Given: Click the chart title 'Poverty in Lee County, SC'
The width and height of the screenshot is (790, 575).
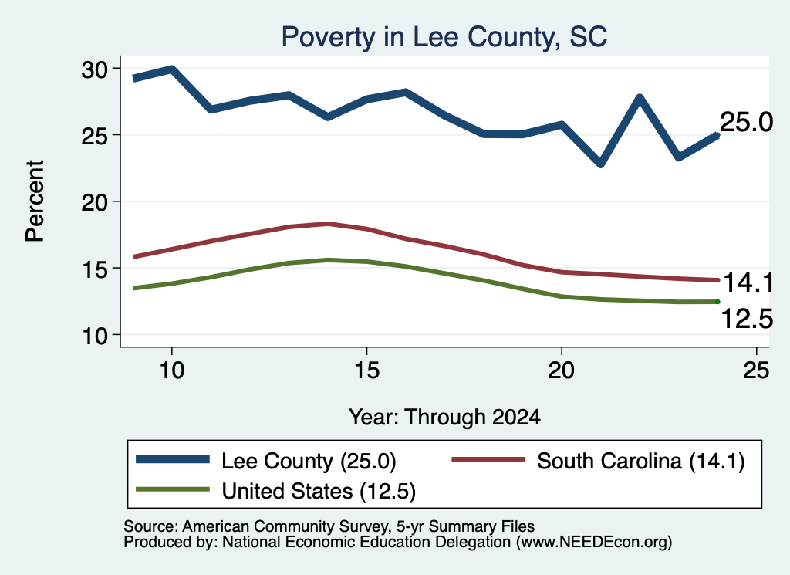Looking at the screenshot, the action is [444, 37].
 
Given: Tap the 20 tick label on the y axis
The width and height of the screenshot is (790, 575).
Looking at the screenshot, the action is [94, 202].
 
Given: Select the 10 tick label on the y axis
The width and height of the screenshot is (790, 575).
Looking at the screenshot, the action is [94, 336].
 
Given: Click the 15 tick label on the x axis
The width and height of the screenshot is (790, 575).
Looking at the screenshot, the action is [366, 371].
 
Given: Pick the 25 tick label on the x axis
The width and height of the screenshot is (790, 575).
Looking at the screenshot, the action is [756, 371].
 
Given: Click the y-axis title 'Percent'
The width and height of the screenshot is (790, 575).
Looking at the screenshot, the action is [35, 201].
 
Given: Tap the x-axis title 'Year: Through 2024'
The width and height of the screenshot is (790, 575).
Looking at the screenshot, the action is [444, 418].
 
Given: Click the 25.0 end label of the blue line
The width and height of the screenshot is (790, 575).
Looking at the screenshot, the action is [746, 122].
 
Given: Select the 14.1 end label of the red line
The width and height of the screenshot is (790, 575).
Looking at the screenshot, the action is [748, 282].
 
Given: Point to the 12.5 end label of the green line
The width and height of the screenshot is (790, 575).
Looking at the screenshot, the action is [747, 319].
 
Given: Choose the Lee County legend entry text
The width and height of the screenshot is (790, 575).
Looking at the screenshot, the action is [309, 461].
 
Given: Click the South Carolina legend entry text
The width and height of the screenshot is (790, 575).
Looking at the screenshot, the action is [641, 461].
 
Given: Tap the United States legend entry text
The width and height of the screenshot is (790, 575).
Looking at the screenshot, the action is [319, 492].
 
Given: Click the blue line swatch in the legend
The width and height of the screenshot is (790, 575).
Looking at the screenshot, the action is [173, 459].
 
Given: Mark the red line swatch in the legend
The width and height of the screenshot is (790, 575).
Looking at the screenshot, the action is [488, 459].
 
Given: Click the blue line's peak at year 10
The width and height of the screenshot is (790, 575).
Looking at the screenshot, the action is [172, 69].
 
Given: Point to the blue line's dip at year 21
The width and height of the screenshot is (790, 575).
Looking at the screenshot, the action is [600, 164].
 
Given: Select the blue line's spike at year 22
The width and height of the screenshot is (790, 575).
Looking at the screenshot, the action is [640, 96].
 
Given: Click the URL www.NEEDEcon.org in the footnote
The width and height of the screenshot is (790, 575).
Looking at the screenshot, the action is [593, 543].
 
